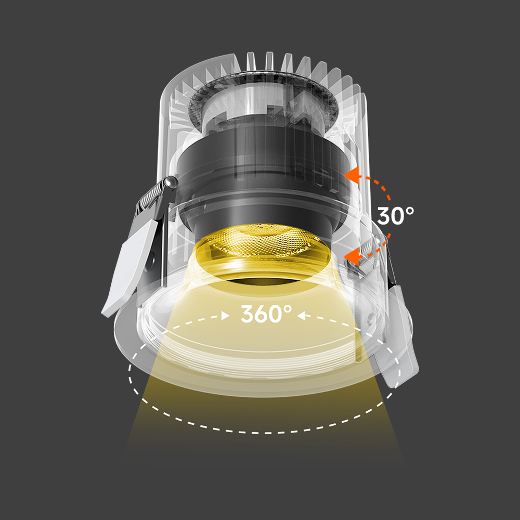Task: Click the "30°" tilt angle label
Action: pos(396,216)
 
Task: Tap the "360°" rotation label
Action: pos(266,314)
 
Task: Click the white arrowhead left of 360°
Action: pos(226,316)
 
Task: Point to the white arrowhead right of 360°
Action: pos(302,316)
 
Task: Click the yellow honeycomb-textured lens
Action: pos(265,241)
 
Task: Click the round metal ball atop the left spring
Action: pos(170,183)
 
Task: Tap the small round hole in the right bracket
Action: pos(371,316)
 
